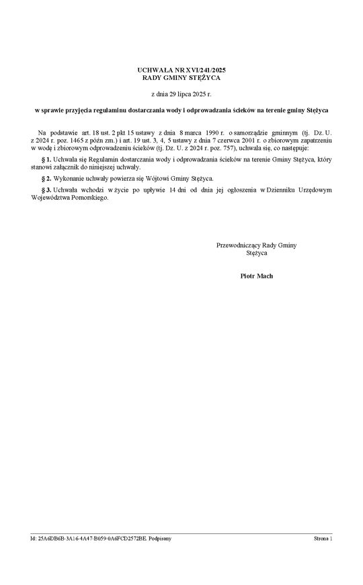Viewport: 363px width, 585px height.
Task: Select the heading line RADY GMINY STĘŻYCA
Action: click(x=182, y=77)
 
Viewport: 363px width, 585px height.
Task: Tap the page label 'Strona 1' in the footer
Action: click(x=323, y=539)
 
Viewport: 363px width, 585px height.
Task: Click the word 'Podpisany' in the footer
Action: click(x=159, y=539)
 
